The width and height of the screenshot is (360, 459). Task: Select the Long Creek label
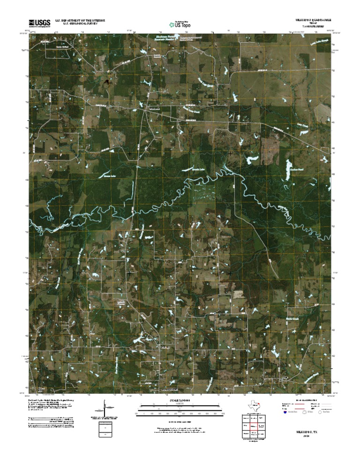pos(303,126)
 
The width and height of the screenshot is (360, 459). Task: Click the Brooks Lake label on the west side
pos(109,176)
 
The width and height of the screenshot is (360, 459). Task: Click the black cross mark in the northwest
pos(129,153)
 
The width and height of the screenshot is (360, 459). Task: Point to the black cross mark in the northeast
pos(230,153)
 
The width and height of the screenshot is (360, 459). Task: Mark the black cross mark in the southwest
pos(129,272)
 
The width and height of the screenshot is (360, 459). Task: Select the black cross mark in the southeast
pos(230,272)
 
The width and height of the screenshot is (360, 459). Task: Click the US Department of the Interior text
pos(80,21)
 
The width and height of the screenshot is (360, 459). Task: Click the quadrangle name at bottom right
pos(306,429)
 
